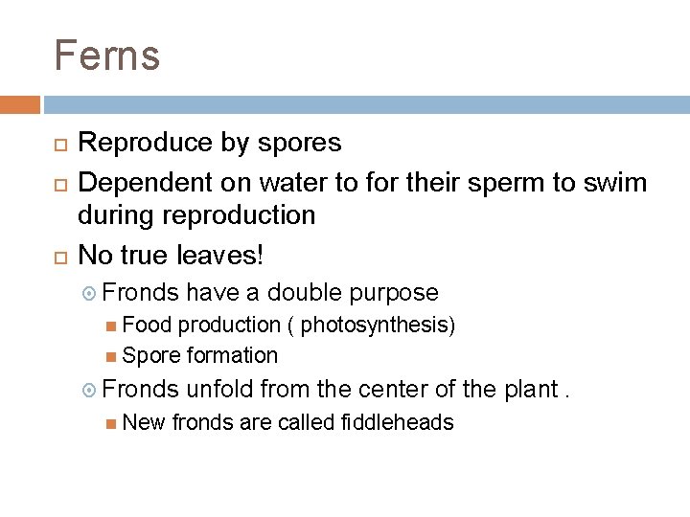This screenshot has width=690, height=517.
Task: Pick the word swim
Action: coord(619,179)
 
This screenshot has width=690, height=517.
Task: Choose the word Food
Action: coord(143,326)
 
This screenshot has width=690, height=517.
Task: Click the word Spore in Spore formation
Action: coord(150,356)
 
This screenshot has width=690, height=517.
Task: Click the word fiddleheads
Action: coord(397,422)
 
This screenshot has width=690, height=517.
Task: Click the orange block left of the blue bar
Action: coord(19,103)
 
